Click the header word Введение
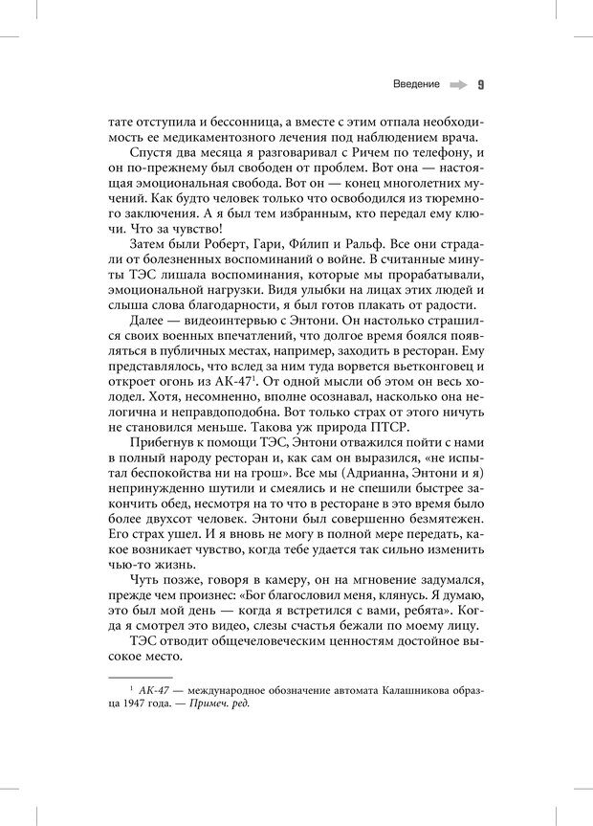click(416, 84)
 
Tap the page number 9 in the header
click(480, 84)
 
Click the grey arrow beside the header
click(457, 84)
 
